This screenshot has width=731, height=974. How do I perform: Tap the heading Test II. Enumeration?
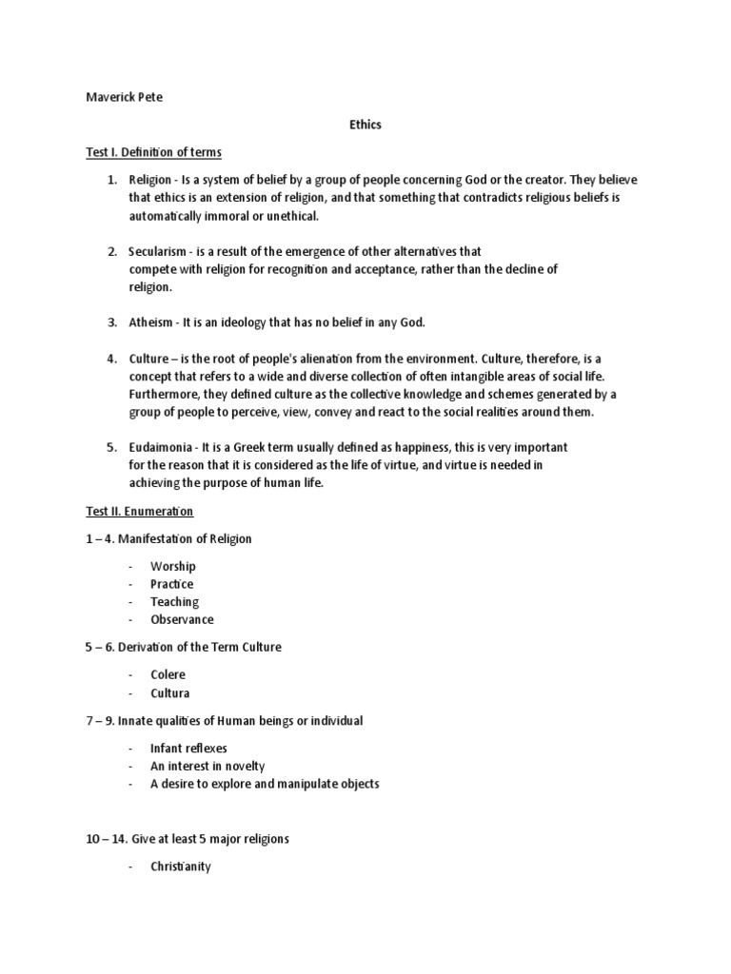click(x=140, y=512)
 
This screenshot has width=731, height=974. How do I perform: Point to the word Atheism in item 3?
click(x=151, y=322)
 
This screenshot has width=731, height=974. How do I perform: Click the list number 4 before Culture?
click(x=111, y=359)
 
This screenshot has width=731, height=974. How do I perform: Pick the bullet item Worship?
click(x=172, y=566)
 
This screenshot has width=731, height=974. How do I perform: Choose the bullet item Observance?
click(x=182, y=619)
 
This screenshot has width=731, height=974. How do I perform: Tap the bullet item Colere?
click(x=168, y=674)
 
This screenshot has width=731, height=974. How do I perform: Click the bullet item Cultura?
click(x=169, y=692)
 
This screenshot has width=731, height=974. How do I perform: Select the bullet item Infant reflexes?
click(x=188, y=748)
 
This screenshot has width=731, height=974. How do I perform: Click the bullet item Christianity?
click(x=180, y=867)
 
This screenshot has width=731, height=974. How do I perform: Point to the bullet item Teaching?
click(x=174, y=602)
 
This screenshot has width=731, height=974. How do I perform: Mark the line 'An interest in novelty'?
click(x=207, y=766)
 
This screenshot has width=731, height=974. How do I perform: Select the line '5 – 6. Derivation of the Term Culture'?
click(x=184, y=647)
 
